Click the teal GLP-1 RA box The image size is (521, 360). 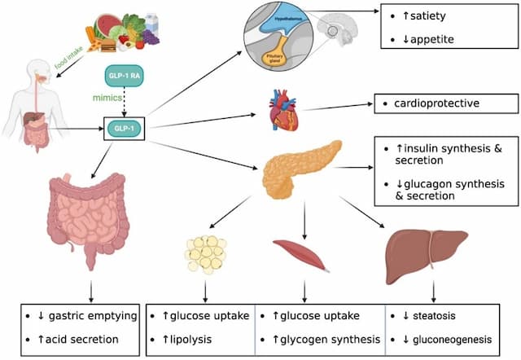point(121,77)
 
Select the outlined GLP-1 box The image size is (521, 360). point(122,127)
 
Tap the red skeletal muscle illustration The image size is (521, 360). point(302,253)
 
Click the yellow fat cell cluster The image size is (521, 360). point(205,252)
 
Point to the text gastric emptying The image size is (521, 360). point(90,314)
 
